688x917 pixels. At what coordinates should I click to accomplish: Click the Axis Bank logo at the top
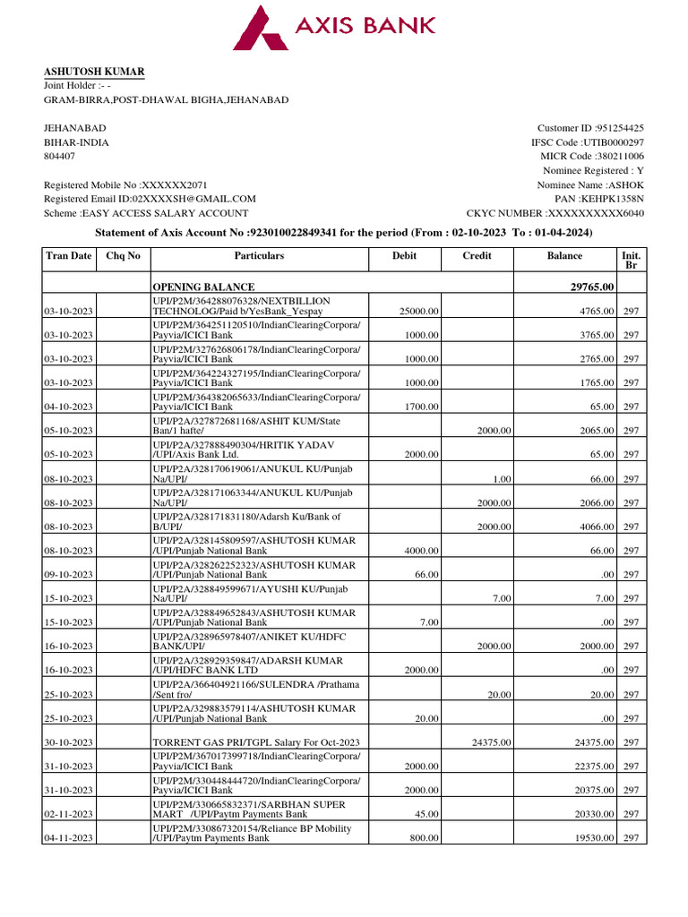[334, 27]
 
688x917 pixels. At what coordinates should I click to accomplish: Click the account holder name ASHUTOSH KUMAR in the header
[94, 72]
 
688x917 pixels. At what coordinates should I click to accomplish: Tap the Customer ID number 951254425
[614, 128]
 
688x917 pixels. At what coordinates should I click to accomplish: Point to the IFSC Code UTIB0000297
[613, 142]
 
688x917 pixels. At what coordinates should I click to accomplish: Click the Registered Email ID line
[150, 199]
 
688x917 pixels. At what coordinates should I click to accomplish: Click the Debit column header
[404, 256]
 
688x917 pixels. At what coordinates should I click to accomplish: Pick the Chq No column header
[123, 256]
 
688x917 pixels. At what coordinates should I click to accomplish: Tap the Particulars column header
[259, 256]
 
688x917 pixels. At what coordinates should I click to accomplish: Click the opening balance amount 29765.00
[587, 287]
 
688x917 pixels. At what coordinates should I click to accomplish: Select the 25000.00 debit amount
[418, 311]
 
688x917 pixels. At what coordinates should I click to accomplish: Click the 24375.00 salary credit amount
[490, 742]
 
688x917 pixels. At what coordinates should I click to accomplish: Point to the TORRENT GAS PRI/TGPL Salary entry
[256, 742]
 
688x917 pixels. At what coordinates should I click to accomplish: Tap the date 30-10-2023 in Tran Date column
[68, 742]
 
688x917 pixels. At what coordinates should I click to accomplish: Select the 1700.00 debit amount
[421, 407]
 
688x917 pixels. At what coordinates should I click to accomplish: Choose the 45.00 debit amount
[426, 814]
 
